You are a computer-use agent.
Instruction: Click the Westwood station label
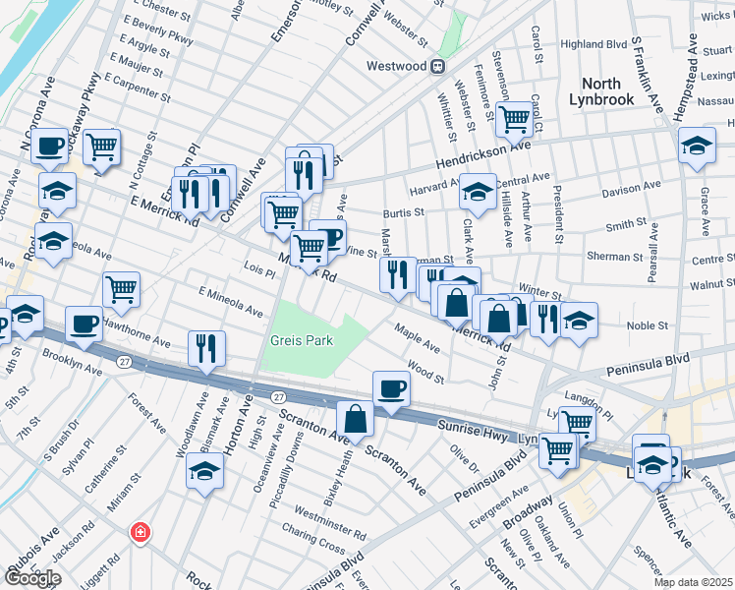397,66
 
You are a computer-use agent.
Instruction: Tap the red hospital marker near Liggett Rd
141,532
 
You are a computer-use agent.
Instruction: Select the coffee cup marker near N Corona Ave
49,147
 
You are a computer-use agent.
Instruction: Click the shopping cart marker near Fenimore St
514,119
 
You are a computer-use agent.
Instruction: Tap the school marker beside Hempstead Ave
697,146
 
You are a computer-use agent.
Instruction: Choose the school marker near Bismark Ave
204,470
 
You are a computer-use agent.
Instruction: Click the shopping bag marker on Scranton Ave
356,419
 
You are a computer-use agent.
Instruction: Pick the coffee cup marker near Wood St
392,386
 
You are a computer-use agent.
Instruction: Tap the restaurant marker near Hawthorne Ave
206,348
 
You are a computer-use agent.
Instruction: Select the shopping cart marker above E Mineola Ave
122,289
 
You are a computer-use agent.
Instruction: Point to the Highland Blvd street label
594,44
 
